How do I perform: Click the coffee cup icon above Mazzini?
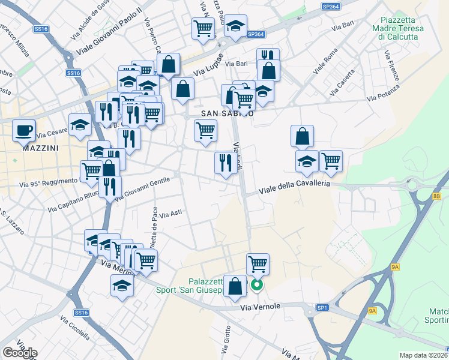[x=24, y=130]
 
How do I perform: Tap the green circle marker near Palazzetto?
[x=256, y=286]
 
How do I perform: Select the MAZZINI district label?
[x=40, y=147]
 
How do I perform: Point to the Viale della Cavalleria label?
[x=294, y=187]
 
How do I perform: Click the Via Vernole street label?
[x=260, y=307]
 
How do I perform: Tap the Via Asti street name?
[x=171, y=213]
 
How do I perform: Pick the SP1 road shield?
[x=322, y=308]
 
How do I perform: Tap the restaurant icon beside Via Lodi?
[x=226, y=163]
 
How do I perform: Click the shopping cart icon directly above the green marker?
[x=258, y=263]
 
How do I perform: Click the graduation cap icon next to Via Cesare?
[x=80, y=125]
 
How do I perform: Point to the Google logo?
[x=20, y=353]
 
